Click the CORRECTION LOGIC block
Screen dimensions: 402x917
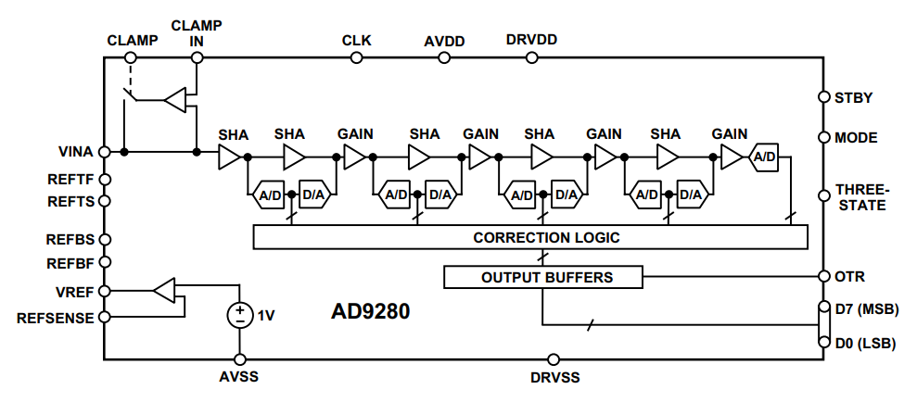[x=531, y=238]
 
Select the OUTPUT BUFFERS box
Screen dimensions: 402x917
[x=542, y=277]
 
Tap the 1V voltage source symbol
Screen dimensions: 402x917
[x=241, y=315]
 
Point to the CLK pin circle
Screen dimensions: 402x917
[x=356, y=57]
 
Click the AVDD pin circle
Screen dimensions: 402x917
[x=444, y=57]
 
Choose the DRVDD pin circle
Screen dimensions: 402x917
[x=531, y=57]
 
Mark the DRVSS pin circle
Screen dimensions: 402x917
[x=554, y=359]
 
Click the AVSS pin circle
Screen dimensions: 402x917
[x=241, y=359]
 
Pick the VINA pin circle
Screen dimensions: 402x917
[x=105, y=152]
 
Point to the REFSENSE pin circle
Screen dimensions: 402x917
[x=105, y=318]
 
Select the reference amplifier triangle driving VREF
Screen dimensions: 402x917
[x=163, y=291]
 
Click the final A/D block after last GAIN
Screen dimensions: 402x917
[x=765, y=157]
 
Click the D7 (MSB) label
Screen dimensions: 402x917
[x=866, y=308]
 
